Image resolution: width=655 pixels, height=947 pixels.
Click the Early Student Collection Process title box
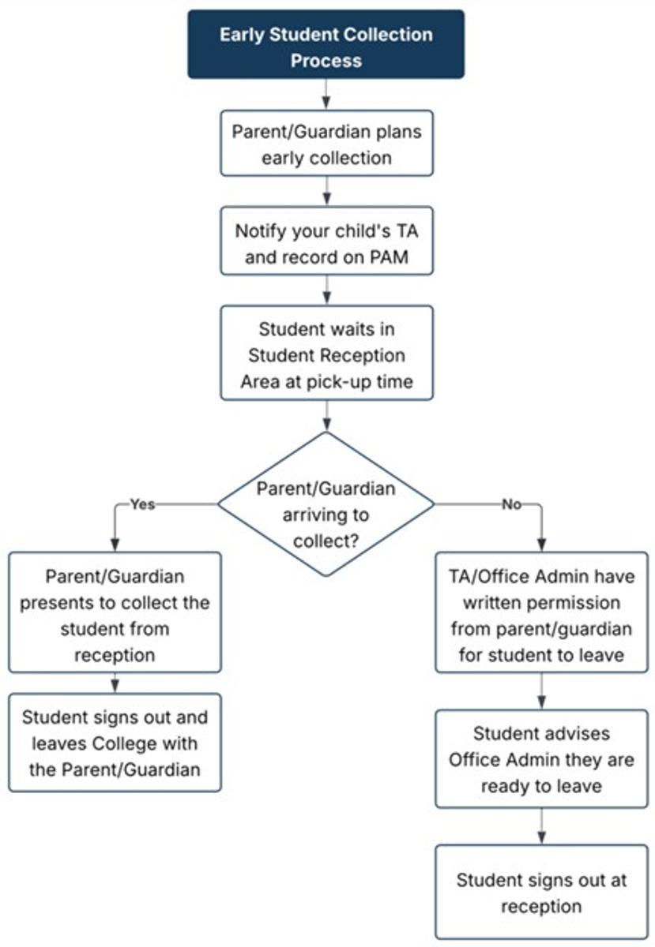tap(326, 44)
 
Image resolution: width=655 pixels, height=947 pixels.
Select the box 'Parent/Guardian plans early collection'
tap(326, 143)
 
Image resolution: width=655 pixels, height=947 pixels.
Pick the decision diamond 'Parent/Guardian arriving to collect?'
tap(326, 503)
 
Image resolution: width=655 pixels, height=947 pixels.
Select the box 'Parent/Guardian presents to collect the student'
tap(115, 612)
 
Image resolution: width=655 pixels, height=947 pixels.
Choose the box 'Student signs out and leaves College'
tap(115, 742)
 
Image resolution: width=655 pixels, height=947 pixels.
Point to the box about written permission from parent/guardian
tap(541, 612)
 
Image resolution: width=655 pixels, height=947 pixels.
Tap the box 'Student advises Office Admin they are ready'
tap(541, 758)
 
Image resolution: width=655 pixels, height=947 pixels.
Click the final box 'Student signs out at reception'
tap(541, 892)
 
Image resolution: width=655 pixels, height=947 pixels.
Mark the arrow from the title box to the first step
tap(326, 94)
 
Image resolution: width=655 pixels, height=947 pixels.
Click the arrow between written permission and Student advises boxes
tap(541, 691)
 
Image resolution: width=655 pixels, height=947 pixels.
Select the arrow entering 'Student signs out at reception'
tap(541, 826)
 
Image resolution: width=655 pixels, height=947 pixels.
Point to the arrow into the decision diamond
tap(326, 414)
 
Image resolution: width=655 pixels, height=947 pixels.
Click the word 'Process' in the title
tap(326, 60)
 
